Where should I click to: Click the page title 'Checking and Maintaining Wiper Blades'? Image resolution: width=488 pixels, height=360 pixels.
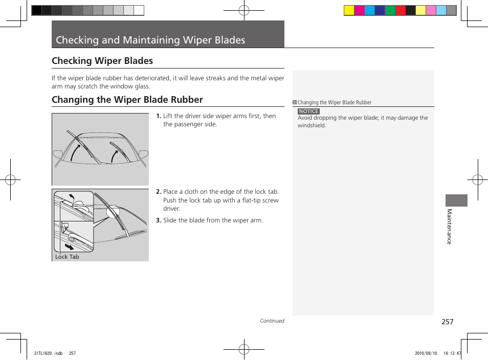[150, 40]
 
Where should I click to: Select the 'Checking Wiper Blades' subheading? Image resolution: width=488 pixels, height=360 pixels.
[102, 61]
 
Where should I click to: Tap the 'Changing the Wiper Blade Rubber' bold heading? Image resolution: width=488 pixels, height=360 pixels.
[127, 100]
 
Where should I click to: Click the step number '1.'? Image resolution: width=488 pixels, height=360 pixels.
[159, 116]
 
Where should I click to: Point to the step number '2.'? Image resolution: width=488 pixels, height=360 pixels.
[159, 192]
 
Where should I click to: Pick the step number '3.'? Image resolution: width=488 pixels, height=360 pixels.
[159, 220]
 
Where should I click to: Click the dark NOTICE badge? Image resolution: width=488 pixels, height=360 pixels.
[308, 111]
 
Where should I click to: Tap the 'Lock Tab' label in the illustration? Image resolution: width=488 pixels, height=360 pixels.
[67, 257]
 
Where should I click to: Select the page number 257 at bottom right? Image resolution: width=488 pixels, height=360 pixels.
[448, 322]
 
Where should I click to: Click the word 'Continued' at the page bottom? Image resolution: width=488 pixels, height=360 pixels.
[272, 321]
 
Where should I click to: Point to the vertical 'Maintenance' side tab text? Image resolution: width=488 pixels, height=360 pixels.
[449, 227]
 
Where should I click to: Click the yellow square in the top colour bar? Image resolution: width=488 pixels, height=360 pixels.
[349, 10]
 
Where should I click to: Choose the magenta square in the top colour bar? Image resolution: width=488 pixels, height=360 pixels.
[359, 10]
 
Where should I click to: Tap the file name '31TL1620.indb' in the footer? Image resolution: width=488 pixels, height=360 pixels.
[48, 353]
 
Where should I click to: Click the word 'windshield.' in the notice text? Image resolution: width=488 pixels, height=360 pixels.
[312, 125]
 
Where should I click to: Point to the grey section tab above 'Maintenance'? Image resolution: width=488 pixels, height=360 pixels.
[456, 200]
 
